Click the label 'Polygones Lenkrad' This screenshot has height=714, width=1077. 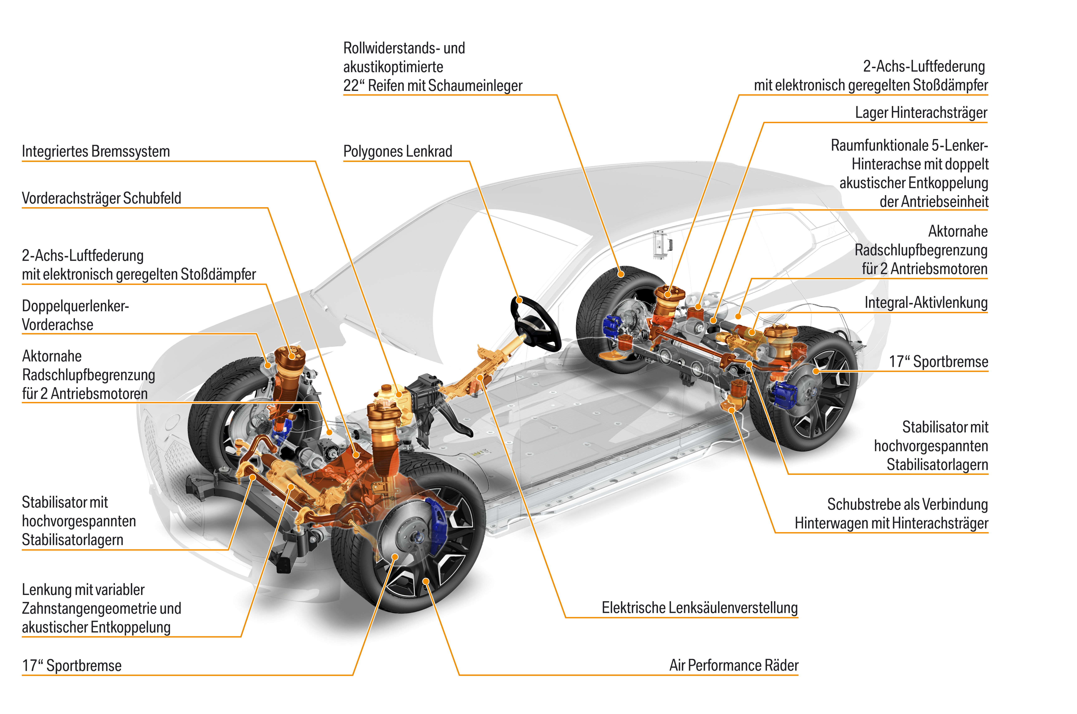click(x=398, y=151)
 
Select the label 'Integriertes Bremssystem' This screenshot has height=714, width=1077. click(x=96, y=151)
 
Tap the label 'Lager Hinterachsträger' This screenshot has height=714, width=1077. click(x=921, y=113)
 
